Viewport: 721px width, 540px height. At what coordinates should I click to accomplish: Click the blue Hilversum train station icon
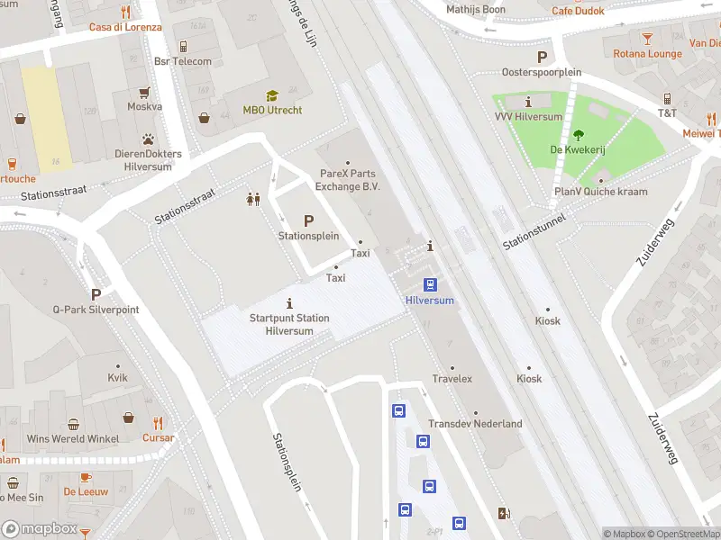pyautogui.click(x=431, y=284)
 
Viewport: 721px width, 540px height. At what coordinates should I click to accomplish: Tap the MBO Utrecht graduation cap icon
pyautogui.click(x=272, y=95)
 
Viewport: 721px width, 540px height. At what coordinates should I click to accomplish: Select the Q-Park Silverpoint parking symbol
pyautogui.click(x=96, y=294)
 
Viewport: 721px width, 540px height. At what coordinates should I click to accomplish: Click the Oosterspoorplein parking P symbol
pyautogui.click(x=542, y=57)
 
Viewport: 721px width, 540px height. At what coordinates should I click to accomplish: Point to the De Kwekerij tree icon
pyautogui.click(x=579, y=136)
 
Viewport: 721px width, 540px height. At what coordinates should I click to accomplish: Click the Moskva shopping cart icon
pyautogui.click(x=144, y=92)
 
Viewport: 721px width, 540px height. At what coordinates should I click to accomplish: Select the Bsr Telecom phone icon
pyautogui.click(x=183, y=46)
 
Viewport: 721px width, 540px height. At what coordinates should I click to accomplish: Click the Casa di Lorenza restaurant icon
pyautogui.click(x=125, y=12)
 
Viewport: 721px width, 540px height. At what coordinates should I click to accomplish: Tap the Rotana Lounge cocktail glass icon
pyautogui.click(x=648, y=38)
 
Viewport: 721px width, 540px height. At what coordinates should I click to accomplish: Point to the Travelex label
pyautogui.click(x=452, y=379)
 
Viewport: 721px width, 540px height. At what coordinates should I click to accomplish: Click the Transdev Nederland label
pyautogui.click(x=475, y=424)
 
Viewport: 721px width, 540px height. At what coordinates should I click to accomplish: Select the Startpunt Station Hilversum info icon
pyautogui.click(x=289, y=302)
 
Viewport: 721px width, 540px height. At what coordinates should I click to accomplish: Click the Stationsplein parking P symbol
pyautogui.click(x=308, y=220)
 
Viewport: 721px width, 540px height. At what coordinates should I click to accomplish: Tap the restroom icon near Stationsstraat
pyautogui.click(x=253, y=199)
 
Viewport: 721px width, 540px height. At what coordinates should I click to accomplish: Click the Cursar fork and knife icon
pyautogui.click(x=159, y=422)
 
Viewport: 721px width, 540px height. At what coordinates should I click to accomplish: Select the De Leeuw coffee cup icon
pyautogui.click(x=86, y=477)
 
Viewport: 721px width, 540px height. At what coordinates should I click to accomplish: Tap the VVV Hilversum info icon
pyautogui.click(x=528, y=102)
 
